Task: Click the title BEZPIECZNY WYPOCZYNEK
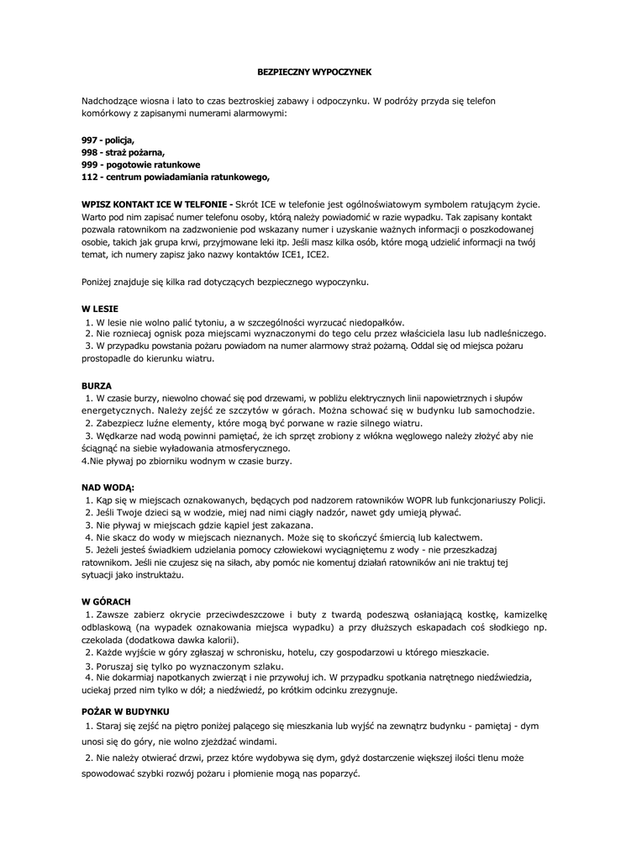pos(313,73)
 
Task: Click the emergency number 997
pos(89,140)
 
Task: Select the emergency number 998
pos(89,152)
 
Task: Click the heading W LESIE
pos(100,309)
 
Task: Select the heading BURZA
pos(97,385)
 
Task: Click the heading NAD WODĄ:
pos(108,488)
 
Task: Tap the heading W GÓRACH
pos(106,602)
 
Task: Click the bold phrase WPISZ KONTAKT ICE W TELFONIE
pos(155,204)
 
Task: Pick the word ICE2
pos(316,254)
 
